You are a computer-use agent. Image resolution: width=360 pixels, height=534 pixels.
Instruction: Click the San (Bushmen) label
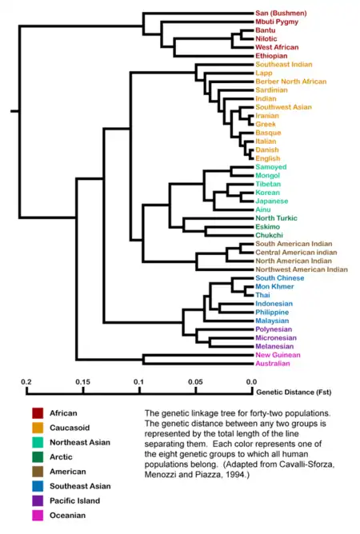click(281, 14)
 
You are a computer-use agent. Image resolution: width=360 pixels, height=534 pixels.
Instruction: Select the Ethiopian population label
click(271, 56)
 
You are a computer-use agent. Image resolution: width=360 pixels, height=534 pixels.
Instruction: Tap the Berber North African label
click(290, 82)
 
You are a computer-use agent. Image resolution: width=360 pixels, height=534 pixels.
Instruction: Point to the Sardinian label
click(271, 90)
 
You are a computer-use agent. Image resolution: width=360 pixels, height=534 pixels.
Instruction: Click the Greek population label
click(266, 124)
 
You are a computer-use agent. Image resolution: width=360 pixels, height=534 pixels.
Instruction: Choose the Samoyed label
click(271, 167)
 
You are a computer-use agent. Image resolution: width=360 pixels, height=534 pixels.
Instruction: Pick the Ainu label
click(263, 209)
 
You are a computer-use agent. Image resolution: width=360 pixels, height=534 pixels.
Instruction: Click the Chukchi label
click(269, 235)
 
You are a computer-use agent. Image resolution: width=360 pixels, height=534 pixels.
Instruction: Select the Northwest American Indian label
click(302, 269)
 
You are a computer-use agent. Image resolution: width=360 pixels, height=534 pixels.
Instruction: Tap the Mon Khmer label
click(274, 286)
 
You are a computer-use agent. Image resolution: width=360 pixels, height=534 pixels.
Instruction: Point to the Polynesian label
click(274, 329)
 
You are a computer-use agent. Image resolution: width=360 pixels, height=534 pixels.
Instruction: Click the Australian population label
click(273, 364)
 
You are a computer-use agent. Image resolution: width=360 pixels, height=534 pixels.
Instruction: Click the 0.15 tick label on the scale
click(83, 382)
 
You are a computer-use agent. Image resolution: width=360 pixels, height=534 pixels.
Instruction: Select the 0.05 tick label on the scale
click(195, 382)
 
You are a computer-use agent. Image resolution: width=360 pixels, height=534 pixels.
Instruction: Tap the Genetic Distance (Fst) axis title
click(294, 393)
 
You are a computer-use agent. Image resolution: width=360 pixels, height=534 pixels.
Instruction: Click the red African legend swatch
click(38, 413)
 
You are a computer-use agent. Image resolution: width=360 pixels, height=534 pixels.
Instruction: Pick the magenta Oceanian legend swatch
click(38, 516)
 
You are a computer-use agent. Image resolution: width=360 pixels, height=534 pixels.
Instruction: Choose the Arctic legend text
click(61, 457)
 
